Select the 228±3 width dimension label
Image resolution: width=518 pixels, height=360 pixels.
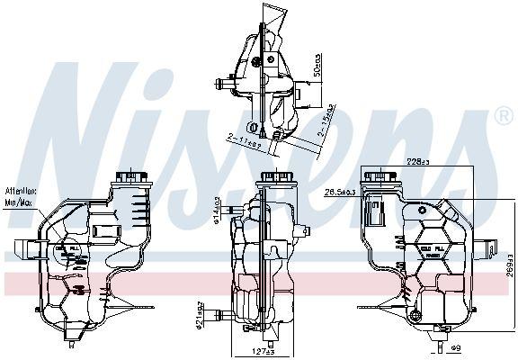pos(415,162)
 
